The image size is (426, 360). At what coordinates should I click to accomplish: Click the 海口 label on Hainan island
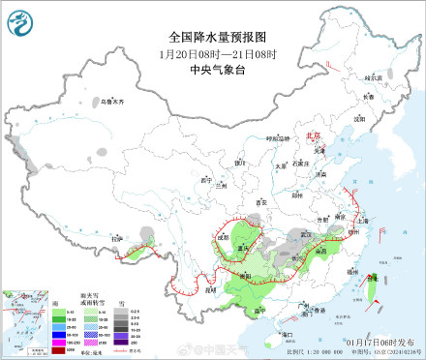tap(287, 333)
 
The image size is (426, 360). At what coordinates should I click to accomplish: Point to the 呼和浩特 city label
tap(279, 138)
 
